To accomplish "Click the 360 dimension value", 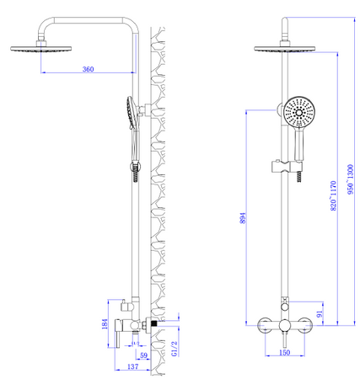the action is [88, 69].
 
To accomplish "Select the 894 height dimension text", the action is [243, 218].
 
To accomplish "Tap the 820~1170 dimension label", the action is [333, 195].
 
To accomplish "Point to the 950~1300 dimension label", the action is [350, 179].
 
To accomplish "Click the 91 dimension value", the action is [320, 313].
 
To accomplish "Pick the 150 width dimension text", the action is [285, 352].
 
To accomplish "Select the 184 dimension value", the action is [105, 324].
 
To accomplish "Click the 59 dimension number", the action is [143, 355].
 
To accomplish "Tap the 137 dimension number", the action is [132, 366].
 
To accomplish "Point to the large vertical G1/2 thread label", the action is [175, 349].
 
